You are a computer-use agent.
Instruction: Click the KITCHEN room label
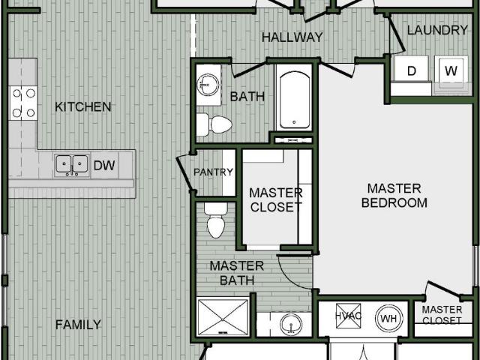click(x=83, y=106)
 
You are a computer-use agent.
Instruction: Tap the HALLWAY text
click(x=292, y=37)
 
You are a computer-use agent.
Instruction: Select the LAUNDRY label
click(x=437, y=30)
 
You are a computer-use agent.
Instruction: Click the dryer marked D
click(x=412, y=69)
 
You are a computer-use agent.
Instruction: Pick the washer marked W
click(x=451, y=70)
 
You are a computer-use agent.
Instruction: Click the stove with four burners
click(x=23, y=103)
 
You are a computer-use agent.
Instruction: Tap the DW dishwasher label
click(x=104, y=165)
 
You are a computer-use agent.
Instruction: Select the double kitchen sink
click(x=72, y=165)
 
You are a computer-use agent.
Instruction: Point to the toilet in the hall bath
click(x=214, y=124)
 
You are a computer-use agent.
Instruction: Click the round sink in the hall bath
click(x=208, y=84)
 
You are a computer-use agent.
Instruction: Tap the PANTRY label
click(x=213, y=172)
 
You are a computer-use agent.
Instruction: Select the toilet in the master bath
click(x=216, y=220)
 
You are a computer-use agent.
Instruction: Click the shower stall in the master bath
click(x=223, y=317)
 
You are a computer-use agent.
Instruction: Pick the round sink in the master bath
click(x=291, y=324)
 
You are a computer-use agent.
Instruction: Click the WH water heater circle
click(x=388, y=318)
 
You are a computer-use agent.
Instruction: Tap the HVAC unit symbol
click(x=348, y=316)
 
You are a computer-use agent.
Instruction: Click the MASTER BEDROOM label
click(x=394, y=196)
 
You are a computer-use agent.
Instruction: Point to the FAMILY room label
click(x=78, y=325)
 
